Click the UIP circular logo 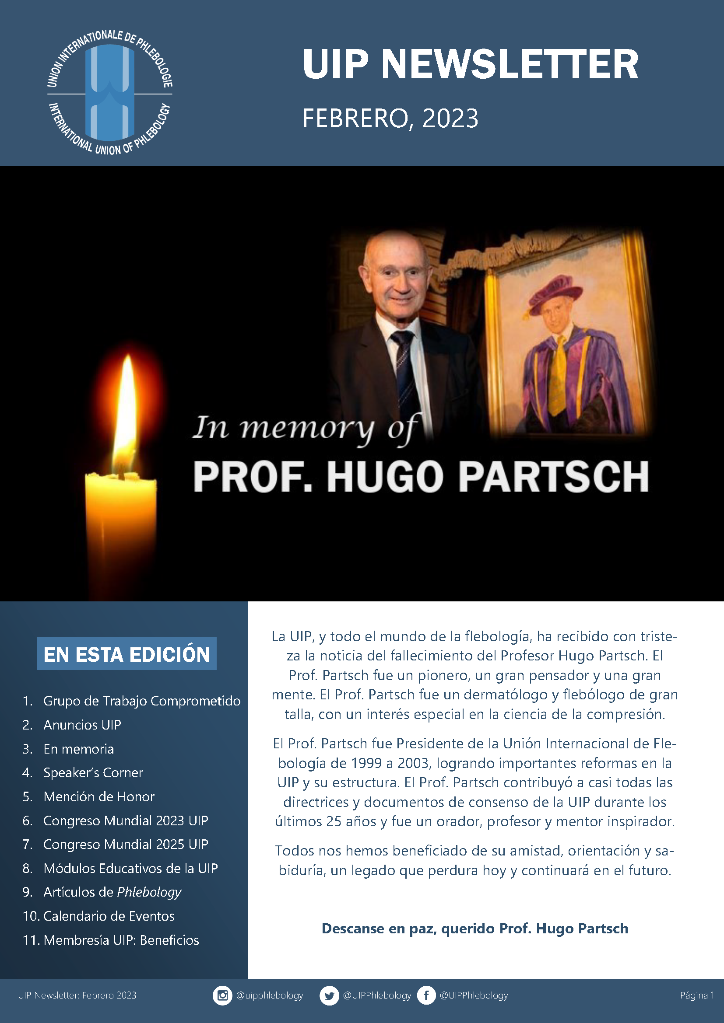[x=110, y=93]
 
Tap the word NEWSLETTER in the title [x=510, y=65]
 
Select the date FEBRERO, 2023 [x=390, y=119]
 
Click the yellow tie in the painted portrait [x=557, y=379]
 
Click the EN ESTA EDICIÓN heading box [x=127, y=654]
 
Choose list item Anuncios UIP [x=82, y=725]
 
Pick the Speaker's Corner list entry [x=93, y=772]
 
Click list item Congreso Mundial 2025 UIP [x=126, y=844]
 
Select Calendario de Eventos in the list [x=109, y=916]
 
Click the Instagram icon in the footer [x=222, y=995]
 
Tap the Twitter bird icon [x=329, y=996]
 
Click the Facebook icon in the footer [x=426, y=995]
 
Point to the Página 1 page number [x=697, y=995]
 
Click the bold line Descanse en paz [x=475, y=929]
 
